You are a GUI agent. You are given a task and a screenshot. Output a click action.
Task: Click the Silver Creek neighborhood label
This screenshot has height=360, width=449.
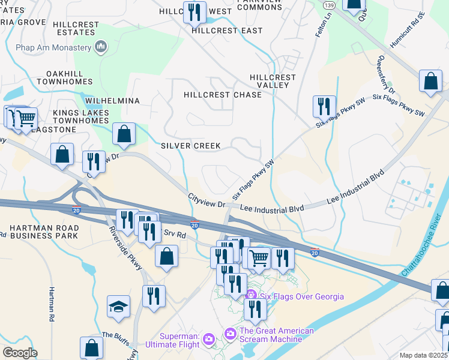[191, 146]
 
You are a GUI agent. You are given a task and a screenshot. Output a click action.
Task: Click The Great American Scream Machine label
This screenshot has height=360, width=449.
[276, 335]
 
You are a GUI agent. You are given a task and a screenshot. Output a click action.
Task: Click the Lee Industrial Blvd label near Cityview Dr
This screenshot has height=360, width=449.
[272, 208]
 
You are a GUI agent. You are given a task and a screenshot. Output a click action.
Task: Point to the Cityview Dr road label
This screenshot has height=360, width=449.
[205, 200]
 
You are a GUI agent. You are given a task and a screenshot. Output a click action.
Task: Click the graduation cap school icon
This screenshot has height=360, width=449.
[119, 307]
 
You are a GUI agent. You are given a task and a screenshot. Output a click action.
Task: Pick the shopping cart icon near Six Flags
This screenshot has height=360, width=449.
[259, 259]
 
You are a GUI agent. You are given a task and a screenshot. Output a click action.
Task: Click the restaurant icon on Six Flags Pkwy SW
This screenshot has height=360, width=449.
[324, 106]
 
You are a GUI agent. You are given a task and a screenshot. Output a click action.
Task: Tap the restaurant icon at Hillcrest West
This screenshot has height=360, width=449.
[194, 11]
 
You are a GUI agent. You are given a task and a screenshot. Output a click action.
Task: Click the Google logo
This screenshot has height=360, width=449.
[19, 353]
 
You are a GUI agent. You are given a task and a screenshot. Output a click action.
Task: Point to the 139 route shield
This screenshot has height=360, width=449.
[328, 5]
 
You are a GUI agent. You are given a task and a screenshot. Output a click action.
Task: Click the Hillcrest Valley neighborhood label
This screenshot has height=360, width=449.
[273, 81]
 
